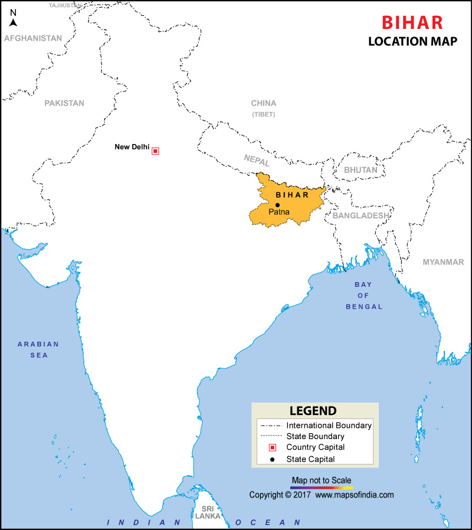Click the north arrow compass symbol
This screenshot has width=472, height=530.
[x=13, y=19]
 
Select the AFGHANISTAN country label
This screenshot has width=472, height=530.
[x=32, y=38]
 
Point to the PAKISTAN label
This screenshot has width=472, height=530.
[x=64, y=103]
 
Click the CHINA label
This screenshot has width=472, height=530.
[x=263, y=103]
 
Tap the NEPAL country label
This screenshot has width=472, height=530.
[x=257, y=160]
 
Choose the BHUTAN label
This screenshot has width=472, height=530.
[x=360, y=169]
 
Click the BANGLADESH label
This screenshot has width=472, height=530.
[x=360, y=215]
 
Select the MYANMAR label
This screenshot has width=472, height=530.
[x=443, y=262]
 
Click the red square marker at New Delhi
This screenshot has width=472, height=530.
[x=155, y=151]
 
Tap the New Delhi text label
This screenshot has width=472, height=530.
[x=132, y=147]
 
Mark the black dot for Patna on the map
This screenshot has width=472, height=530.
[x=277, y=205]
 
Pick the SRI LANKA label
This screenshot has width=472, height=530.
[x=207, y=512]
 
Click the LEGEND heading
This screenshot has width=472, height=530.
[x=313, y=411]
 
